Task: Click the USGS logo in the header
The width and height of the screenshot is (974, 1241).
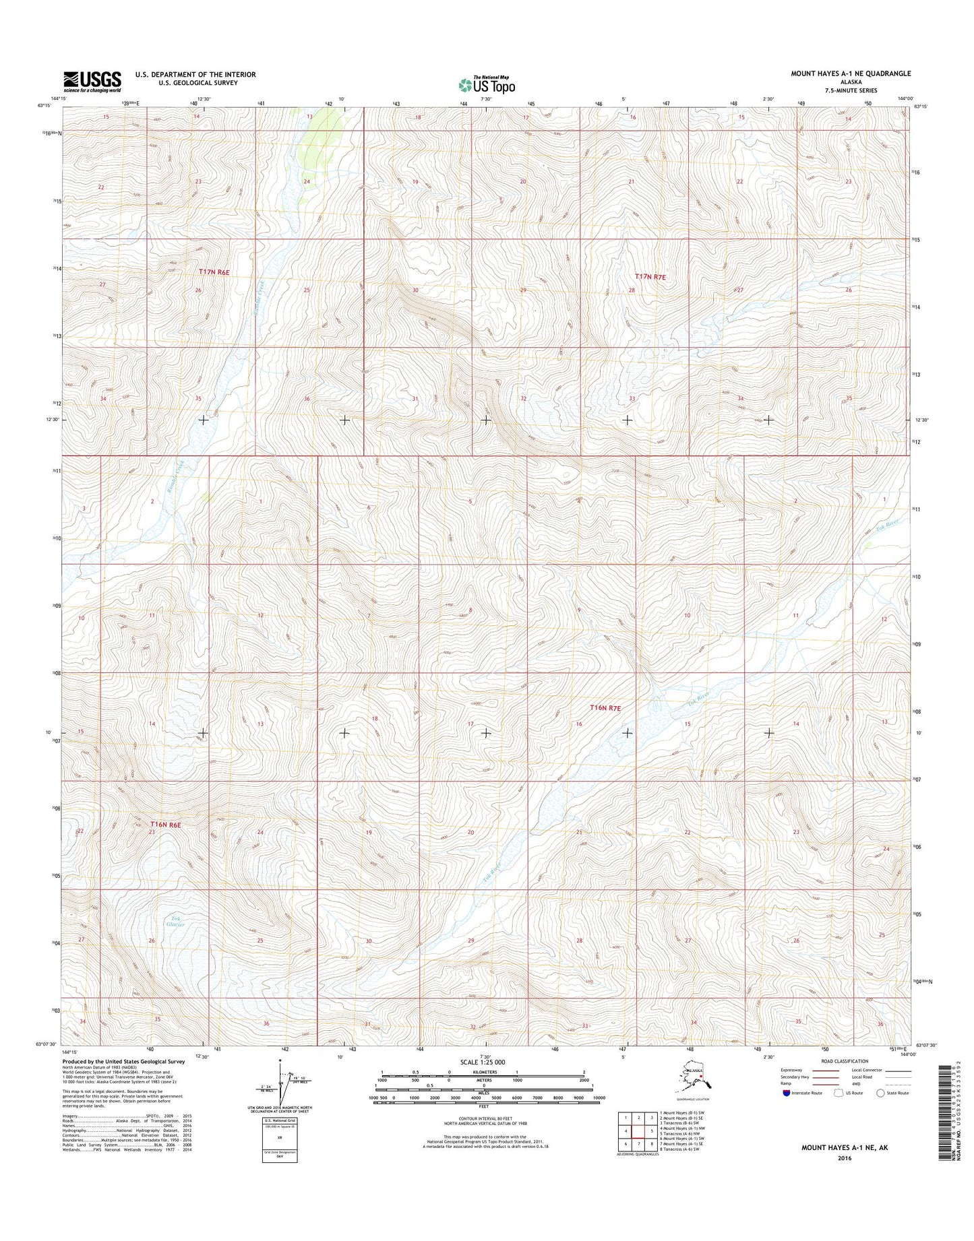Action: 92,81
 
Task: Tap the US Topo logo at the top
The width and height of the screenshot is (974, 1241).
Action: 487,84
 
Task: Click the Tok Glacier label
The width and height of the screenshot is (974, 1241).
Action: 177,922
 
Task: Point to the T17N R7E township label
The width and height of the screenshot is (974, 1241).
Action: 654,276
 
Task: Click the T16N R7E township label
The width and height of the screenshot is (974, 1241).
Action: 605,708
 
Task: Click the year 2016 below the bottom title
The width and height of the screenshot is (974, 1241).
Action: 845,1158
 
